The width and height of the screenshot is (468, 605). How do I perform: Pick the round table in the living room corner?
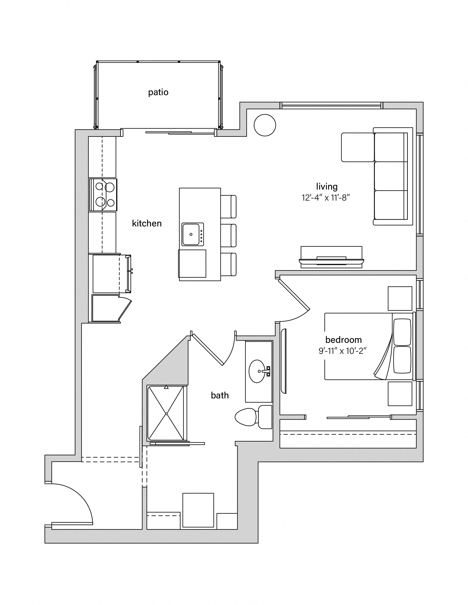coord(265,125)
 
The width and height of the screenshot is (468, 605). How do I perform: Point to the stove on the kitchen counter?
coord(103,195)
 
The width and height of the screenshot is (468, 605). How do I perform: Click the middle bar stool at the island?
coord(228,235)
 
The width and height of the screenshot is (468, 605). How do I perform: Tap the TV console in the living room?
coord(331,257)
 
